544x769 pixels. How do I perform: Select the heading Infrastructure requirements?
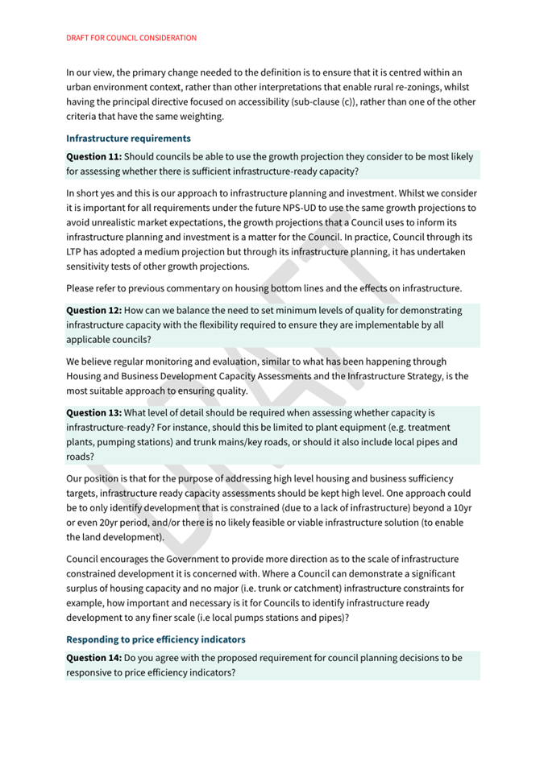[128, 138]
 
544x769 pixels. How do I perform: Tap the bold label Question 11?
[93, 156]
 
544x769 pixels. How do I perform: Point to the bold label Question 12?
[93, 310]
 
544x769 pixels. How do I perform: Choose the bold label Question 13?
[93, 412]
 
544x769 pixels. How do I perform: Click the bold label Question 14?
[93, 658]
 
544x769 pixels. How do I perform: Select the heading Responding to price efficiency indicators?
[156, 639]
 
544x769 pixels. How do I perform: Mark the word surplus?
[86, 589]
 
